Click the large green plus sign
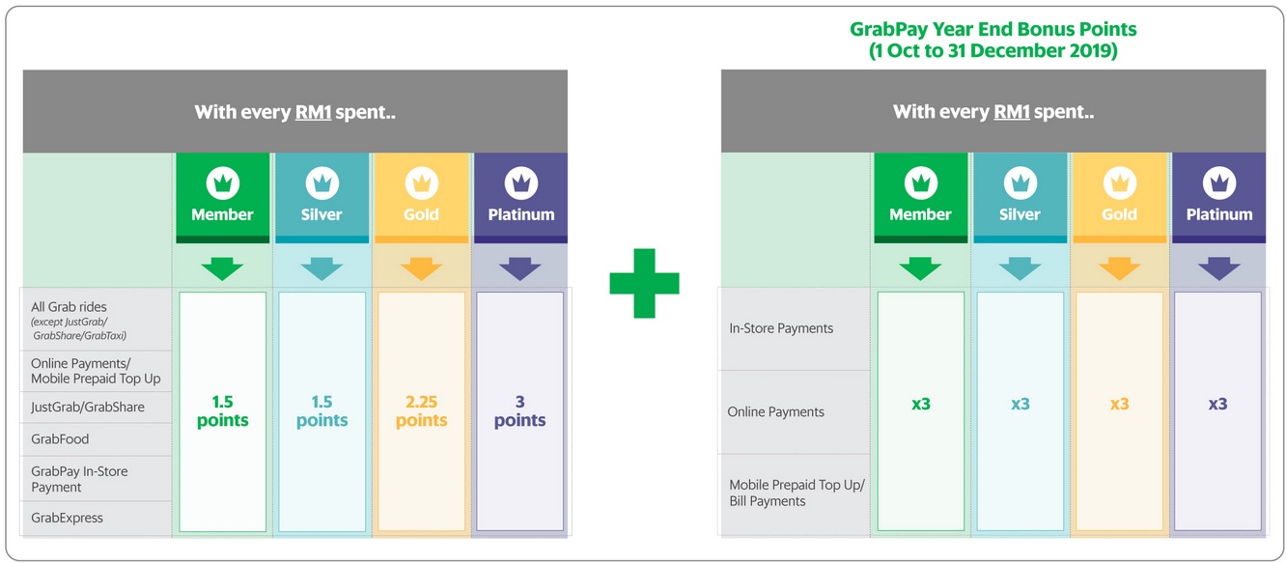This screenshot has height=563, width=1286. pyautogui.click(x=644, y=282)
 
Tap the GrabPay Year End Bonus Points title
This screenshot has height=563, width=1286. pyautogui.click(x=993, y=40)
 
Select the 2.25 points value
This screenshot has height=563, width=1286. pyautogui.click(x=421, y=410)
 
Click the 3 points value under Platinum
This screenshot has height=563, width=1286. pyautogui.click(x=519, y=410)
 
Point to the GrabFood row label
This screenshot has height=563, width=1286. pyautogui.click(x=60, y=439)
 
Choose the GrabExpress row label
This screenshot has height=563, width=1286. pyautogui.click(x=67, y=518)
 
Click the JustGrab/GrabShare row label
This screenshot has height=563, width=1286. pyautogui.click(x=88, y=407)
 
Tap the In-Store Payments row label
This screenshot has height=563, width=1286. pyautogui.click(x=781, y=328)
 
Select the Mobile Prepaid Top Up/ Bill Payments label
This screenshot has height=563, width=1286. pyautogui.click(x=797, y=493)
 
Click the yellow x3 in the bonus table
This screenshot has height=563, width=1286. pyautogui.click(x=1119, y=404)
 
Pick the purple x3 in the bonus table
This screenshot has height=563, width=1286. pyautogui.click(x=1217, y=404)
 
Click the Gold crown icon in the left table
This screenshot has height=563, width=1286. pyautogui.click(x=421, y=182)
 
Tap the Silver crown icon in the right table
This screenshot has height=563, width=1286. pyautogui.click(x=1020, y=182)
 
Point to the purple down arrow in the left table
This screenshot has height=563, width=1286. pyautogui.click(x=519, y=268)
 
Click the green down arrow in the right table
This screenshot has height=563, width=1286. pyautogui.click(x=920, y=268)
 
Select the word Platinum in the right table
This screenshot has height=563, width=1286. pyautogui.click(x=1218, y=214)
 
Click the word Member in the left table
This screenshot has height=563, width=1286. pyautogui.click(x=222, y=214)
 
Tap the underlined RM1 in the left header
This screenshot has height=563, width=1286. pyautogui.click(x=313, y=112)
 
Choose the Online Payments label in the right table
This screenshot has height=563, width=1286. pyautogui.click(x=775, y=412)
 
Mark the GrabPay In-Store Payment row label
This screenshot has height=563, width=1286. pyautogui.click(x=79, y=479)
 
